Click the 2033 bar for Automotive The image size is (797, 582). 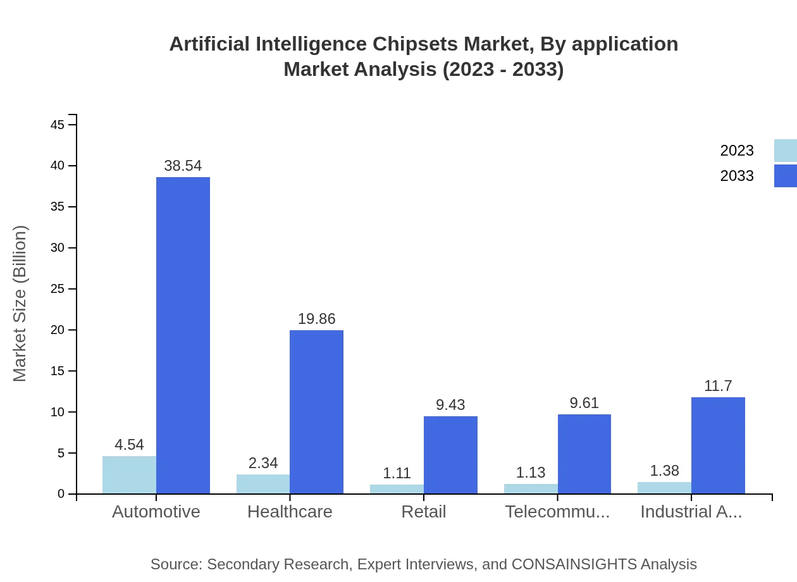pos(183,335)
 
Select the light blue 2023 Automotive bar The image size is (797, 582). pos(129,474)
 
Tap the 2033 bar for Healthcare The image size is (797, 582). pos(316,412)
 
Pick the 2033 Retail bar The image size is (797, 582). pos(450,455)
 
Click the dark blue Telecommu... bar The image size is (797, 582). pos(584,454)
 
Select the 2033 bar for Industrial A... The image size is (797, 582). pos(718,445)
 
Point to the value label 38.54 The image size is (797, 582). pos(183,166)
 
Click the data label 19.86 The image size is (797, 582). pos(316,319)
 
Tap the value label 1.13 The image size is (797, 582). pos(531,473)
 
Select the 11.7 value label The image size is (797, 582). pos(718,386)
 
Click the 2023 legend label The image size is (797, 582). pos(737,151)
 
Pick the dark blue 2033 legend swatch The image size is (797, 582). pos(785,176)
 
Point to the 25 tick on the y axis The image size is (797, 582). pos(58,289)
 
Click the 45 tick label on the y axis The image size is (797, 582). pos(58,125)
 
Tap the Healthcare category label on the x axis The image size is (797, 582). pos(290,512)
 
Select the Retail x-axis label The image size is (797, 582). pos(424,512)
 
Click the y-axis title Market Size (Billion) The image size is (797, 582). pos(20,304)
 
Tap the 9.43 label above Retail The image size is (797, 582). pos(450,405)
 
